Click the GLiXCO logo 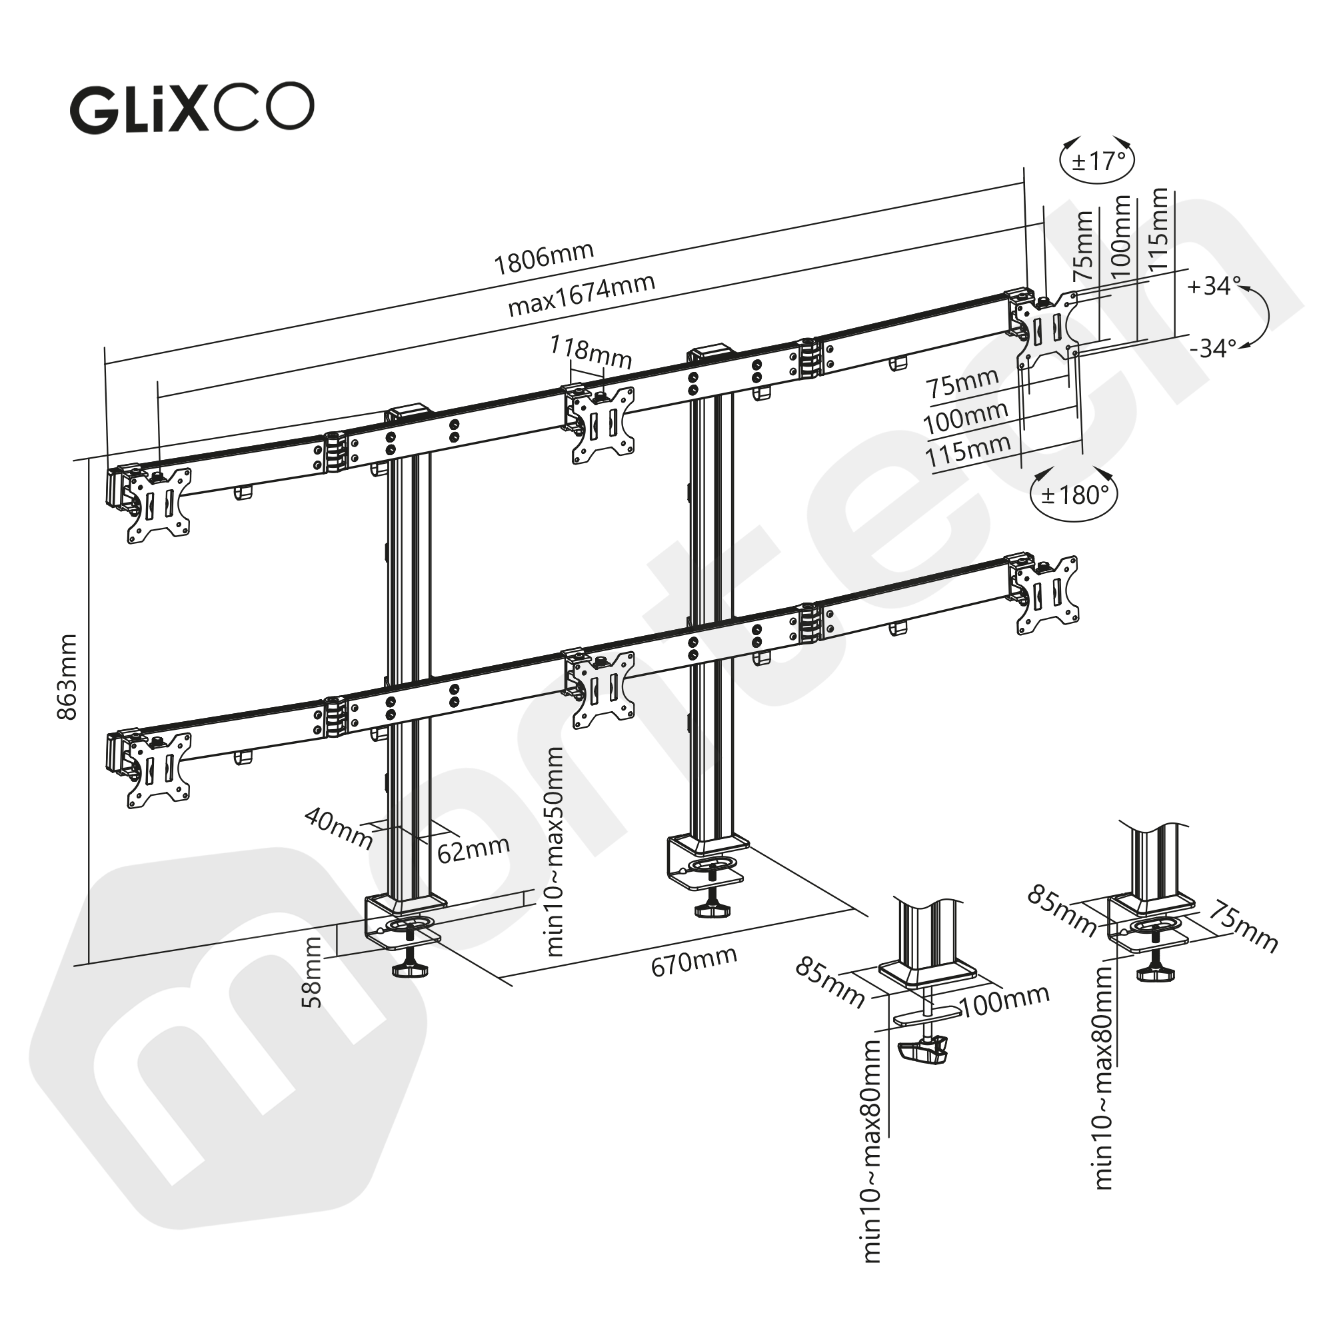pos(192,109)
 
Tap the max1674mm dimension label pos(581,295)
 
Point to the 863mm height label pos(67,678)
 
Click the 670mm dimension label pos(693,960)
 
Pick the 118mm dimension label pos(591,352)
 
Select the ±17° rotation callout pos(1098,161)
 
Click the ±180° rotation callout pos(1074,494)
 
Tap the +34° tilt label pos(1214,286)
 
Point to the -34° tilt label pos(1213,349)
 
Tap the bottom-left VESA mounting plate pos(159,768)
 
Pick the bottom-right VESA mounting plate pos(1047,594)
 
